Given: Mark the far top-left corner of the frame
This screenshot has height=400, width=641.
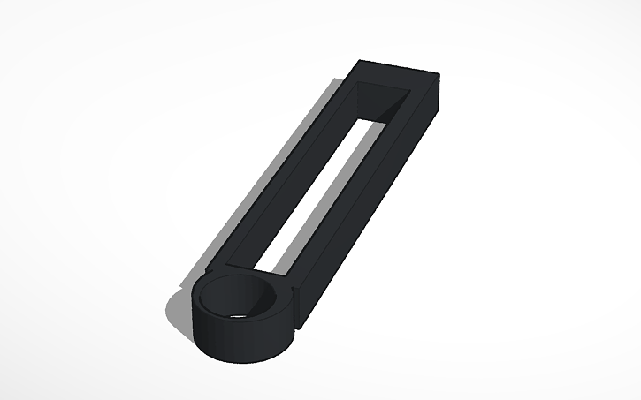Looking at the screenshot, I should tap(359, 61).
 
